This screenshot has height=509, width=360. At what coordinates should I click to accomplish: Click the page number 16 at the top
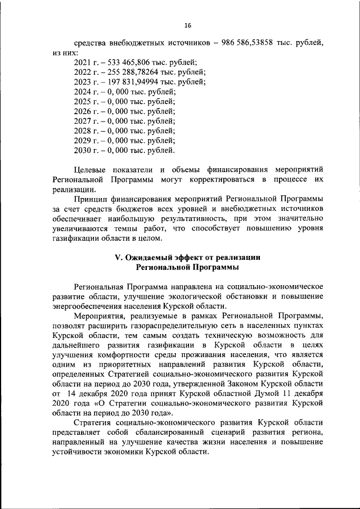pyautogui.click(x=187, y=25)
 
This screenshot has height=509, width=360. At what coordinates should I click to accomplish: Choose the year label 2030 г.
pyautogui.click(x=85, y=150)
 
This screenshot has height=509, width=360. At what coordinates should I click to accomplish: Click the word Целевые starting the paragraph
pyautogui.click(x=90, y=169)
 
